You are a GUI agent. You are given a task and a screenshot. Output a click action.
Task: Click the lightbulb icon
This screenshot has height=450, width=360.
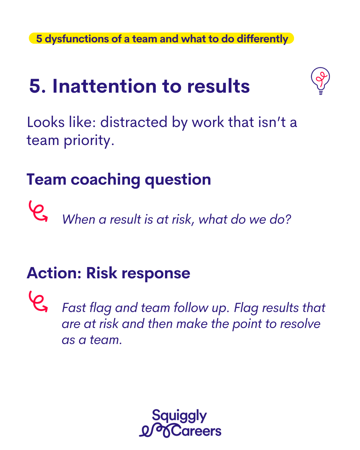click(320, 81)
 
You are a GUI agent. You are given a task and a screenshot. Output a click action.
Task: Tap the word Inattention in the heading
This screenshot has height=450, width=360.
click(104, 86)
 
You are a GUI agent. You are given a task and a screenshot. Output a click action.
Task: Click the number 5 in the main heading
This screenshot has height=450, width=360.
click(35, 86)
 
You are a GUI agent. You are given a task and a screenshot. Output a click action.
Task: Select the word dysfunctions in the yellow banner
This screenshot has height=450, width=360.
click(77, 39)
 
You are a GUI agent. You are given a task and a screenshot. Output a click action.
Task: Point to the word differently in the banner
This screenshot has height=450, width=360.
click(262, 39)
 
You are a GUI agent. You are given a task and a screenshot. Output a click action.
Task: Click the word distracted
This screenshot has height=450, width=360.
click(134, 122)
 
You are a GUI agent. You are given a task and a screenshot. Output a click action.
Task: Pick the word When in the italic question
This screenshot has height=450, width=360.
click(79, 219)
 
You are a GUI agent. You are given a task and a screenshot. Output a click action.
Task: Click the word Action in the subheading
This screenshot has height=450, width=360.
click(54, 273)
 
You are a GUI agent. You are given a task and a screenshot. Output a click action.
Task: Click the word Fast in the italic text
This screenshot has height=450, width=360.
click(74, 308)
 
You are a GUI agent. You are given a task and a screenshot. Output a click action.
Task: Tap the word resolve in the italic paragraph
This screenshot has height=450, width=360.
click(300, 324)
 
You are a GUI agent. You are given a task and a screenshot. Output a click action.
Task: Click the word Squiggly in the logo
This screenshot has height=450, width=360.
click(179, 416)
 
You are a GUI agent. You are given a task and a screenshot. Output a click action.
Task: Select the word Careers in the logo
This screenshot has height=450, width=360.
click(196, 431)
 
